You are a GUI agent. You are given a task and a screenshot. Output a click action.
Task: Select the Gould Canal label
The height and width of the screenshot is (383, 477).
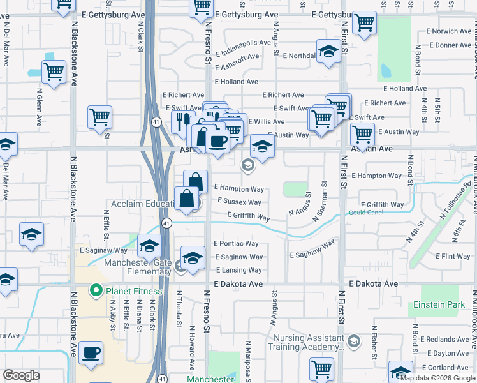coord(365,213)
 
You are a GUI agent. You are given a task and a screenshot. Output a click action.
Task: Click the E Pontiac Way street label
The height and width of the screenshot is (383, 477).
coord(236,244)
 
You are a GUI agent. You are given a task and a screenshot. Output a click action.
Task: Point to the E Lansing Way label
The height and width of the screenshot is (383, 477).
coord(239,271)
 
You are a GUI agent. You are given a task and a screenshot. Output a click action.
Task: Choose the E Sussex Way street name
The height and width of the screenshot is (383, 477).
coord(239,202)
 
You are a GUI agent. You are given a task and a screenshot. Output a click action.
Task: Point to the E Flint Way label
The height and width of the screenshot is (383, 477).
coord(453,257)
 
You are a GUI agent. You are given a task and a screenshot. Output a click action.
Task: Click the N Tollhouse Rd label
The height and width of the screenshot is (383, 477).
coord(450,217)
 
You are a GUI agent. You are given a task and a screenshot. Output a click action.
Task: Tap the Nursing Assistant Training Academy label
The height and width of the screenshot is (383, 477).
coord(309,343)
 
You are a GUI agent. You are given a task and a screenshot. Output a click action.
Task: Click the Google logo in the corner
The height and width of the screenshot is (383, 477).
coord(21,375)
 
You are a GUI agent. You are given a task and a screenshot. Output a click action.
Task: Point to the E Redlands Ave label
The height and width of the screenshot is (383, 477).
coord(446,339)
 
